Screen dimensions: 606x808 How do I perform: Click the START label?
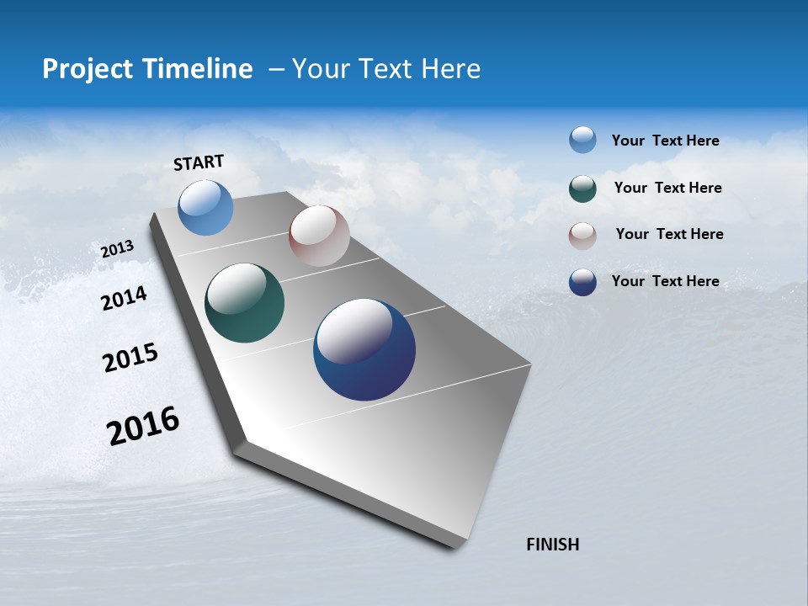(199, 162)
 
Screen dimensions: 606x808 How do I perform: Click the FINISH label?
(552, 545)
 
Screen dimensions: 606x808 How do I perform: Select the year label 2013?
(117, 249)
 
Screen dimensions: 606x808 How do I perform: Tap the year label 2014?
(124, 298)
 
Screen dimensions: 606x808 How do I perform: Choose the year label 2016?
(143, 425)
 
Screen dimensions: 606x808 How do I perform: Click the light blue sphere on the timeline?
(205, 207)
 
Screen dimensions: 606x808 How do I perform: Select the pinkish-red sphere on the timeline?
(319, 236)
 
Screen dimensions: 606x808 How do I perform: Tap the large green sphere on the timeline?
(244, 303)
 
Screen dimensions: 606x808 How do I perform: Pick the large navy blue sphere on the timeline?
(364, 349)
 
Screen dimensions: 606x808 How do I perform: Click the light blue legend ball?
(582, 141)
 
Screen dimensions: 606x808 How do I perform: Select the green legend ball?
(582, 189)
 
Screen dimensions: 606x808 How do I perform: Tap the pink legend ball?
(582, 235)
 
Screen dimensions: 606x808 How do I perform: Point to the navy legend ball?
(582, 282)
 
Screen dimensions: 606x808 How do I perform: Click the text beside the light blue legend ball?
(665, 141)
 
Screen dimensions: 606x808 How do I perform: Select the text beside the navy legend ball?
(665, 281)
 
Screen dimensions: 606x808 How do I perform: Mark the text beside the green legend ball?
(667, 188)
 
